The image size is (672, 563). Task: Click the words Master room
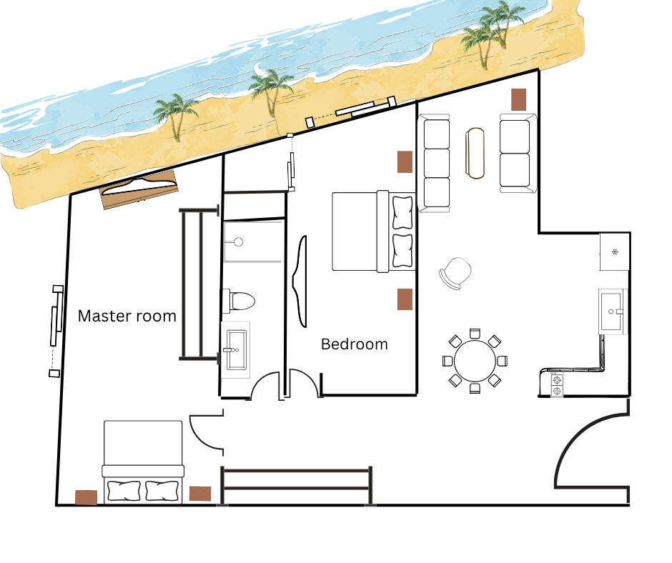[127, 317]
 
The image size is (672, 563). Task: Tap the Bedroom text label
[355, 344]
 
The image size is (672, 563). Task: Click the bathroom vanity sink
[236, 349]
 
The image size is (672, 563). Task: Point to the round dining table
[475, 361]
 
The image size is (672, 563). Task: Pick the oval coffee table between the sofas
[475, 153]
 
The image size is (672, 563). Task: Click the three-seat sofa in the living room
[435, 163]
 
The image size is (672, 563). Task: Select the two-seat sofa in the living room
[518, 153]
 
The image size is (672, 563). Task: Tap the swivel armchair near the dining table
[455, 273]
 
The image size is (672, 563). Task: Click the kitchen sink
[611, 312]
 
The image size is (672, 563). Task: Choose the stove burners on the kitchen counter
[556, 385]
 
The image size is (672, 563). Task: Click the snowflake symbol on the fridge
[615, 251]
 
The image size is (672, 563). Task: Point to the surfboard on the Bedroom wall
[300, 281]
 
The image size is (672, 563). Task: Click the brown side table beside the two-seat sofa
[518, 99]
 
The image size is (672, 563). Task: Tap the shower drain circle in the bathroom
[239, 242]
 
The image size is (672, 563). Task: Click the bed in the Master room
[143, 462]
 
